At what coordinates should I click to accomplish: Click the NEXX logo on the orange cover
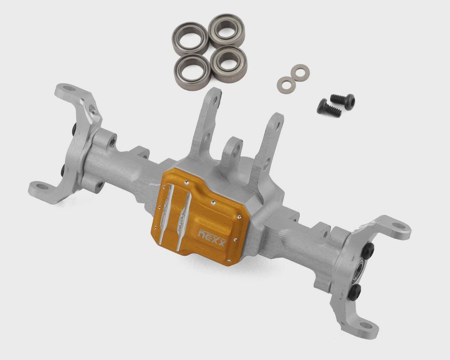point(212,237)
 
